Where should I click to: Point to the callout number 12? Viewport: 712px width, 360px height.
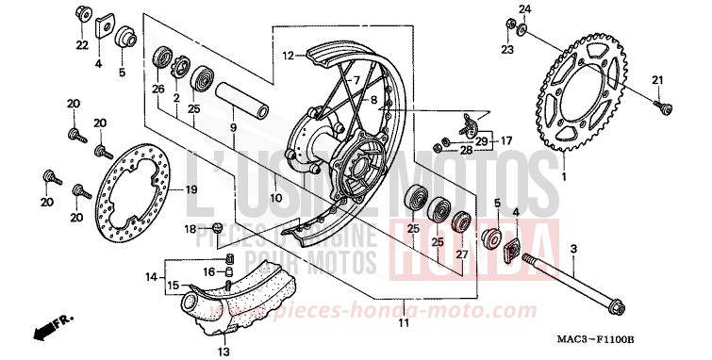pos(287,56)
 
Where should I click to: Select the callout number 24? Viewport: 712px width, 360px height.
pos(525,9)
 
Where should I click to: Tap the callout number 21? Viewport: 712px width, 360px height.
pos(658,78)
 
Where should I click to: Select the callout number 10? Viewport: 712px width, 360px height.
pos(275,200)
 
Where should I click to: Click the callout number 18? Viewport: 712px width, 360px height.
pos(190,229)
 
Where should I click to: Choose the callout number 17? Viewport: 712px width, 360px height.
pos(506,141)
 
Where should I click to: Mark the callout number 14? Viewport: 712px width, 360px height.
pos(151,276)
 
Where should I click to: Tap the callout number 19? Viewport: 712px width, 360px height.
pos(190,190)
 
